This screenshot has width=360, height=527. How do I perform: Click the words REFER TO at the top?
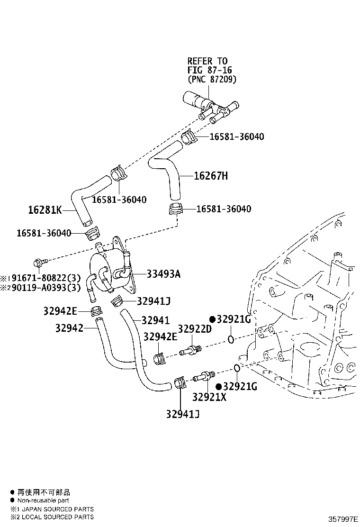[207, 61]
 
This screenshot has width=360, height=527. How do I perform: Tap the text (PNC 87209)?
[211, 79]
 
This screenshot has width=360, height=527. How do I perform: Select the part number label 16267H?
[211, 176]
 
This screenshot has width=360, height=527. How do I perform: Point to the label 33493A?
[163, 274]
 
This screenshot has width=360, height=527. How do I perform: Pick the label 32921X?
[209, 397]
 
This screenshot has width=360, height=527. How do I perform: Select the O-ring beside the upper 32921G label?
[231, 339]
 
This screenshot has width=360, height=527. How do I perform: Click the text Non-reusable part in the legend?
[43, 500]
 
